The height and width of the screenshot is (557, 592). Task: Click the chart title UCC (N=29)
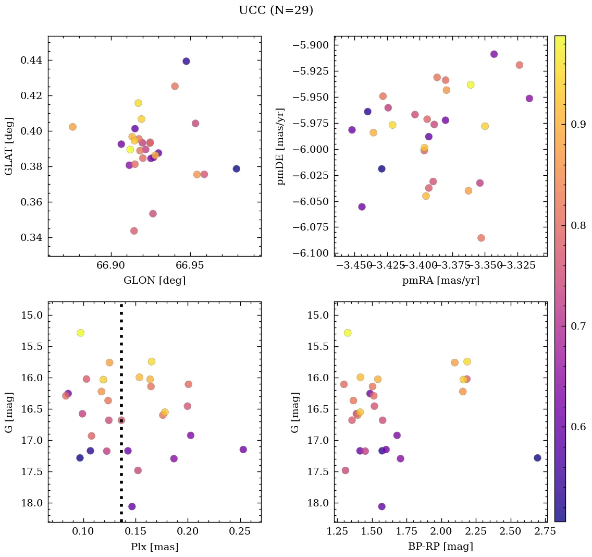coord(276,10)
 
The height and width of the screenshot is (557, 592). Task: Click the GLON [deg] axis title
coord(154,280)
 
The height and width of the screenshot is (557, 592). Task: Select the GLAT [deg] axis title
coord(9,146)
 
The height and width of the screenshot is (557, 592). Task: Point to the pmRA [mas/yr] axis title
coord(440,280)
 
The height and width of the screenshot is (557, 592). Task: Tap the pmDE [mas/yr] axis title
coord(281,146)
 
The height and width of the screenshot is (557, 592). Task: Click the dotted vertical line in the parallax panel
coord(121,469)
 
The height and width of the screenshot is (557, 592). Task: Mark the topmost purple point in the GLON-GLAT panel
coord(186,61)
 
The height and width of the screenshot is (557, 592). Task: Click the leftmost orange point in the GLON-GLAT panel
coord(72,127)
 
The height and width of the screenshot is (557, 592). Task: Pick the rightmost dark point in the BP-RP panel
coord(537,457)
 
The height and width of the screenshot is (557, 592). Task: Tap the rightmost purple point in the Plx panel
coord(243,450)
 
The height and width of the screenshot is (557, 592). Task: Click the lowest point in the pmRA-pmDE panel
coord(481,238)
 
